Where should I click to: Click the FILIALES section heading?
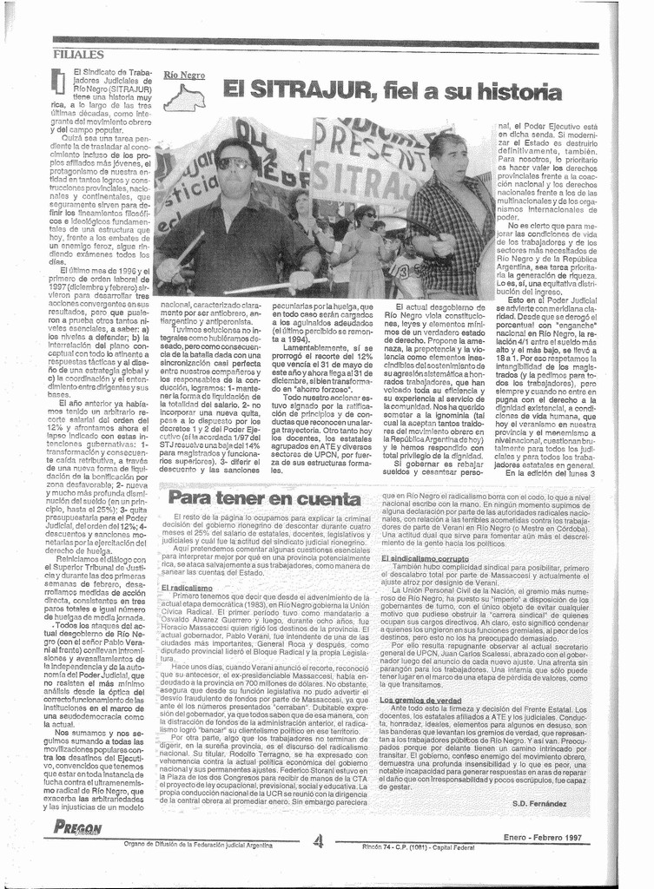pos(78,55)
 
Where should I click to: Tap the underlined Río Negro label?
pos(184,76)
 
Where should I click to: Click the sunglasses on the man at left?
pos(234,162)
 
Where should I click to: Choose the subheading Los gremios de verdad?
pos(421,699)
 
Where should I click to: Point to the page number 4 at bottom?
pos(318,840)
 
